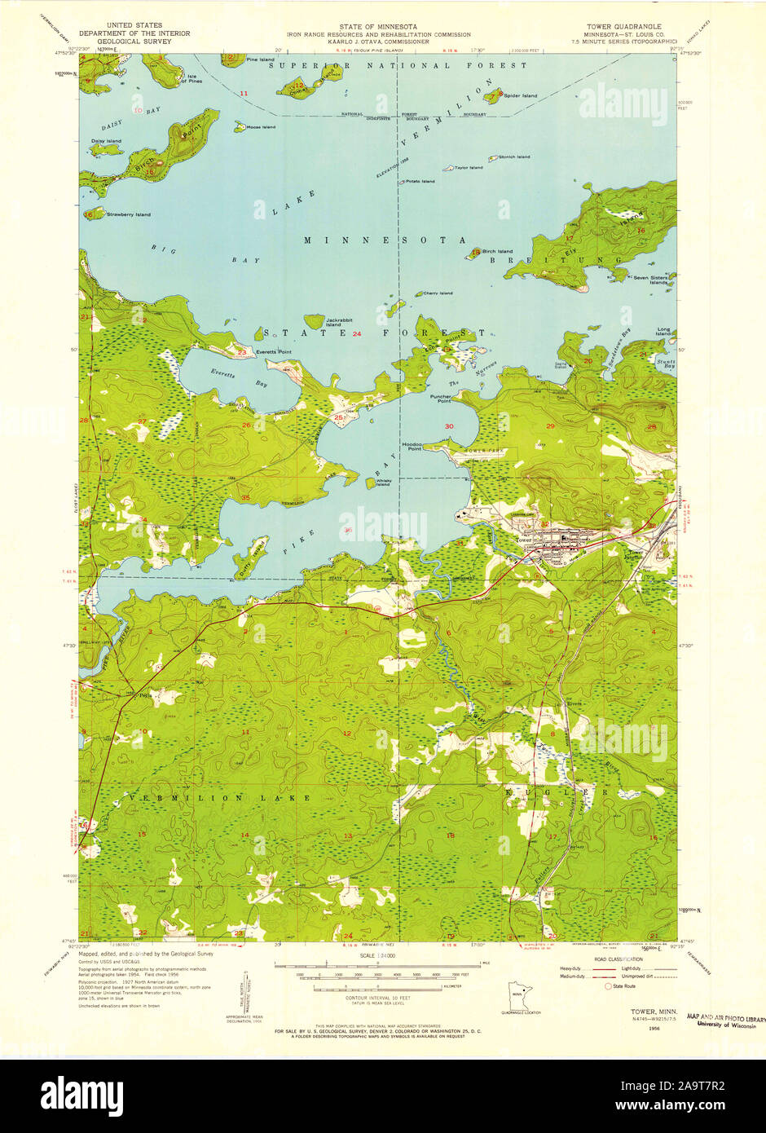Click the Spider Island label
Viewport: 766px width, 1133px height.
(x=520, y=96)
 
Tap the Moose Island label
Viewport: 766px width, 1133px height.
(x=261, y=127)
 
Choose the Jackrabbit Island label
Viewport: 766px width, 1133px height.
(x=339, y=322)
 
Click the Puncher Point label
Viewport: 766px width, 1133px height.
(x=441, y=399)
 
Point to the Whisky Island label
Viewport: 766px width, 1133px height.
(x=385, y=483)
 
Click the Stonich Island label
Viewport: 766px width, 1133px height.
(x=514, y=157)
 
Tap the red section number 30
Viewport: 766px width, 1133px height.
(x=449, y=426)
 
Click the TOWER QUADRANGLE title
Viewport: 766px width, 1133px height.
(x=631, y=26)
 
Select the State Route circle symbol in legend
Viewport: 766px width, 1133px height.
(x=608, y=986)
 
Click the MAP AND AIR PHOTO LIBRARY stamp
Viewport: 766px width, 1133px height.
(x=725, y=1019)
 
